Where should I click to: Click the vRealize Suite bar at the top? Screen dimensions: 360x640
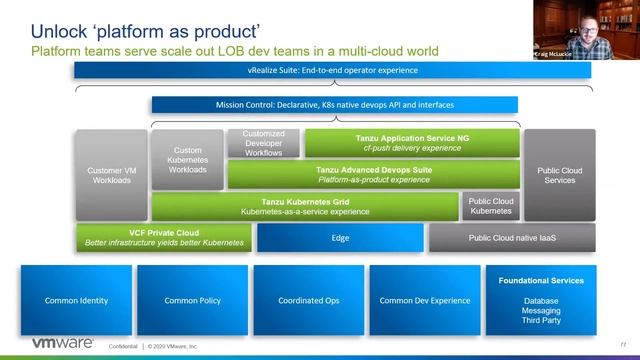pos(334,71)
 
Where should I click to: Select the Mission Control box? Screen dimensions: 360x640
pos(334,104)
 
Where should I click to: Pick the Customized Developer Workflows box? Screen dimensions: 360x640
pos(264,143)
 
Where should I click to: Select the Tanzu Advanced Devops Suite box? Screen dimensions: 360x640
pos(374,175)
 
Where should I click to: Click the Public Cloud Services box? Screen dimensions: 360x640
pos(559,175)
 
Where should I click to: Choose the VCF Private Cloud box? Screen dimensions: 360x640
pos(163,238)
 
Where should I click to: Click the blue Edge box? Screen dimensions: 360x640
pos(339,238)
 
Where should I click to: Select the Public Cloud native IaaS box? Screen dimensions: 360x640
pos(511,238)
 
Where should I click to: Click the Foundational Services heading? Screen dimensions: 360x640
pos(540,281)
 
